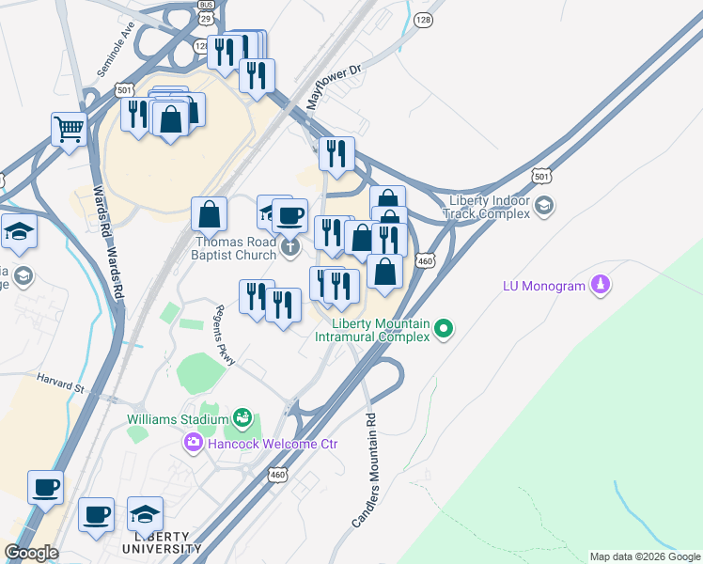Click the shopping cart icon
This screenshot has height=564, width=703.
(x=69, y=129)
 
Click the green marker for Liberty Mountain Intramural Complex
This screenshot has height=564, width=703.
(x=445, y=329)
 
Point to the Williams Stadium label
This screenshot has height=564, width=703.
(x=178, y=417)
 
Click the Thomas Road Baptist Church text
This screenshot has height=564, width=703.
(x=234, y=247)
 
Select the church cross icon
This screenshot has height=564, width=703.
(x=290, y=247)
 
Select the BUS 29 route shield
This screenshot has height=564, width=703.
(x=206, y=15)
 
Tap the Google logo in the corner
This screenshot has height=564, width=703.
(x=31, y=553)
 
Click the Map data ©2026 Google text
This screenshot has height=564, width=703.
(x=645, y=556)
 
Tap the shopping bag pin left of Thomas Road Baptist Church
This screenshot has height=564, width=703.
(x=209, y=215)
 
